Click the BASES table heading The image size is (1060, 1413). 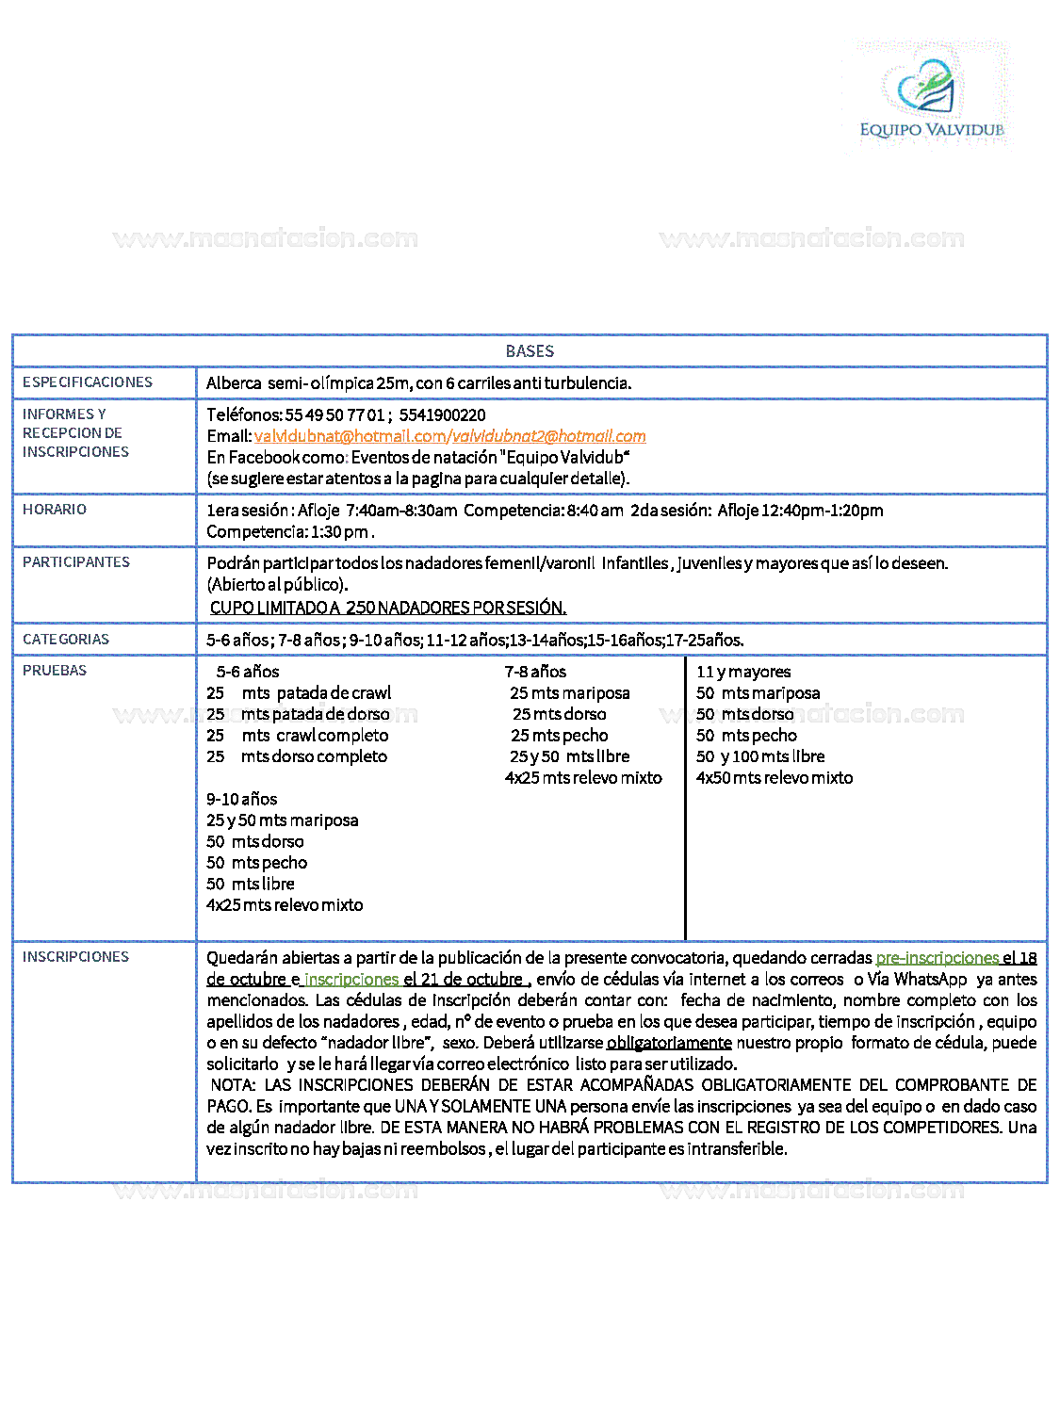[x=530, y=351]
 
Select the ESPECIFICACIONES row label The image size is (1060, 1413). [x=88, y=382]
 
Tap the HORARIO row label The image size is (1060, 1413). [x=55, y=510]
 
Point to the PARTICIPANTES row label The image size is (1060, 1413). [x=76, y=562]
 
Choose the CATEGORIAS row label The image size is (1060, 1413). [x=66, y=640]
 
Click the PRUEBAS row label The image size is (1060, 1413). [x=55, y=671]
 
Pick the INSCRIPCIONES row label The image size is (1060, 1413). [x=75, y=957]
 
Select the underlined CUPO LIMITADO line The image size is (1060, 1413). [x=388, y=608]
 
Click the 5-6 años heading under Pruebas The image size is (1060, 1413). [x=248, y=672]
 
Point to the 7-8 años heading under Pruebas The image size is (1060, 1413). [x=535, y=672]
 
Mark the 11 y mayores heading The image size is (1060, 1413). [x=743, y=672]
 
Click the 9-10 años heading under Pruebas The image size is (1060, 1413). [x=242, y=799]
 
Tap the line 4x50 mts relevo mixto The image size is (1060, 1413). [x=775, y=778]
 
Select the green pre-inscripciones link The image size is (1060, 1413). [x=937, y=958]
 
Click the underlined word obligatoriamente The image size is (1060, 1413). [x=669, y=1043]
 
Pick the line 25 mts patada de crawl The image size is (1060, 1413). [x=300, y=693]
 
